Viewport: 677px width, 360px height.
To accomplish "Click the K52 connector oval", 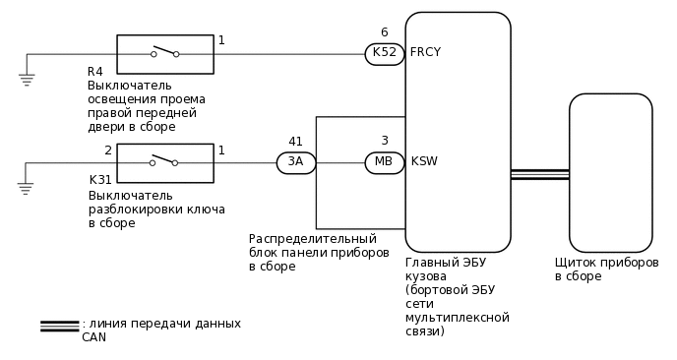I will pos(384,54).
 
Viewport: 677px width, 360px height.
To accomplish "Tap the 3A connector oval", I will pos(295,162).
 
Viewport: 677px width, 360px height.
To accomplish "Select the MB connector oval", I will pos(384,162).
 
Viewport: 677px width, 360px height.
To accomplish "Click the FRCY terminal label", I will pos(425,52).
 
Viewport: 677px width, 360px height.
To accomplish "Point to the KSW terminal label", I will pos(424,161).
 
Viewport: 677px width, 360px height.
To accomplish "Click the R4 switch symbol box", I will pos(165,54).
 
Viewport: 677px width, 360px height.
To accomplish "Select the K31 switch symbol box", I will pos(165,162).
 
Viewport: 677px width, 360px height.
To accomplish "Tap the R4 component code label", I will pos(94,72).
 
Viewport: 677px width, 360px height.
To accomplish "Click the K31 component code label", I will pos(99,180).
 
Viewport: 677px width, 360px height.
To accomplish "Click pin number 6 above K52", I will pos(384,32).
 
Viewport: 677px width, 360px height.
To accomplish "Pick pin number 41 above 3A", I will pos(295,142).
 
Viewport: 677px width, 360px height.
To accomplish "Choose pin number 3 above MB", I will pos(384,142).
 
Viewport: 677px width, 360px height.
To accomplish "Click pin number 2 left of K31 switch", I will pos(107,150).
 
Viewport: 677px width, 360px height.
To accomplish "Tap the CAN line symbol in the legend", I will pos(60,326).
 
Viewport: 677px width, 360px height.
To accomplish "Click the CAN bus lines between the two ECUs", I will pos(539,174).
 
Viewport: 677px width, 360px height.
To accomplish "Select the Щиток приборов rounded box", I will pos(610,172).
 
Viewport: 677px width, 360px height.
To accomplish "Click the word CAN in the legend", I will pos(93,336).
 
